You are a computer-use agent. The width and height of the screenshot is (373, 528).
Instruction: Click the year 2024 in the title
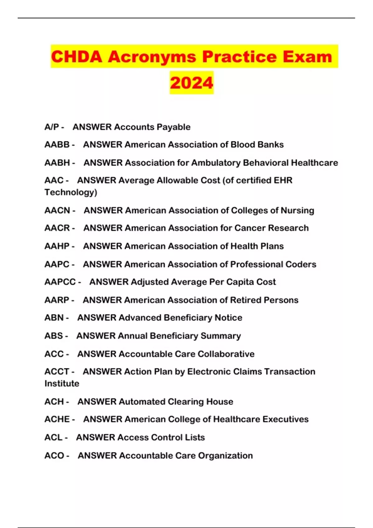[x=191, y=83]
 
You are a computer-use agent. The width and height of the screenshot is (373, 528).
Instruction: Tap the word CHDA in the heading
[x=76, y=57]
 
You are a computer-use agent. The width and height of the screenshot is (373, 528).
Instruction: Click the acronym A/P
[x=52, y=127]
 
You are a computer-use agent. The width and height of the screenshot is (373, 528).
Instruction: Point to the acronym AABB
[x=57, y=145]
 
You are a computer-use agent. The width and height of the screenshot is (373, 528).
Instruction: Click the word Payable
[x=173, y=127]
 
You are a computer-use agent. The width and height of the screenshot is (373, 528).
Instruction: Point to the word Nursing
[x=297, y=211]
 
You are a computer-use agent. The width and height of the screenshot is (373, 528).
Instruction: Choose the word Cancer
[x=250, y=228]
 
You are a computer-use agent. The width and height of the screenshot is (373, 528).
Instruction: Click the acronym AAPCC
[x=60, y=282]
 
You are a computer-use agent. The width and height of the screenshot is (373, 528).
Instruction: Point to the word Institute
[x=62, y=384]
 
